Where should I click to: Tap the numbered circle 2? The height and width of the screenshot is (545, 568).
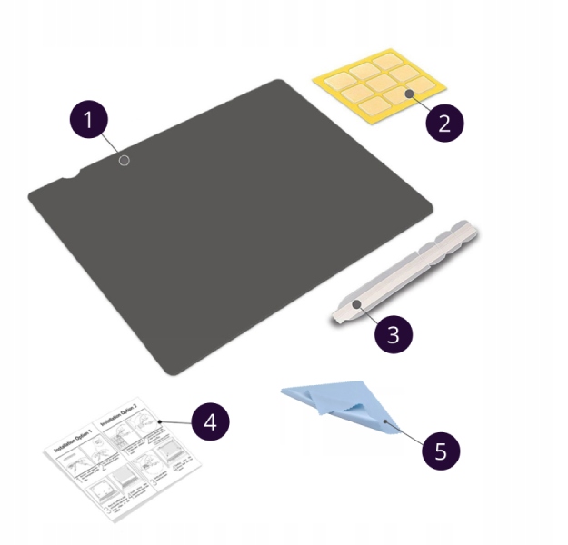444,122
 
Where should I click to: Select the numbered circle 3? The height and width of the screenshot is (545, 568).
394,333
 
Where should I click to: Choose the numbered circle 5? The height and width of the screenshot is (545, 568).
441,450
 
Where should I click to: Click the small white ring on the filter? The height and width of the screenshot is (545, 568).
125,161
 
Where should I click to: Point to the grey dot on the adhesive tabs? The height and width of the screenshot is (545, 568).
410,94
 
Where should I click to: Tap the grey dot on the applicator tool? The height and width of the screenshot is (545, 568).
357,304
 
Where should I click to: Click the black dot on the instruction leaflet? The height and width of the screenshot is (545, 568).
158,422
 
